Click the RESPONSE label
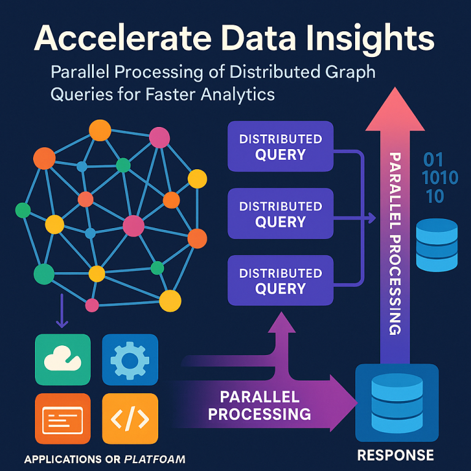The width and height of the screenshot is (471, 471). tap(396, 455)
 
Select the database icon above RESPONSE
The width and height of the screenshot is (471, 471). tap(397, 404)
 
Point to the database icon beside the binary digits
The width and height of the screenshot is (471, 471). tap(437, 244)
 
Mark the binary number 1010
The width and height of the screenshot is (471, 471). tap(440, 178)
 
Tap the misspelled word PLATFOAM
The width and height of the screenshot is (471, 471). tap(155, 459)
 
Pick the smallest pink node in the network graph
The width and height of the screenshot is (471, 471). tap(92, 305)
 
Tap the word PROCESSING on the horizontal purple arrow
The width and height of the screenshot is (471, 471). tap(259, 414)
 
